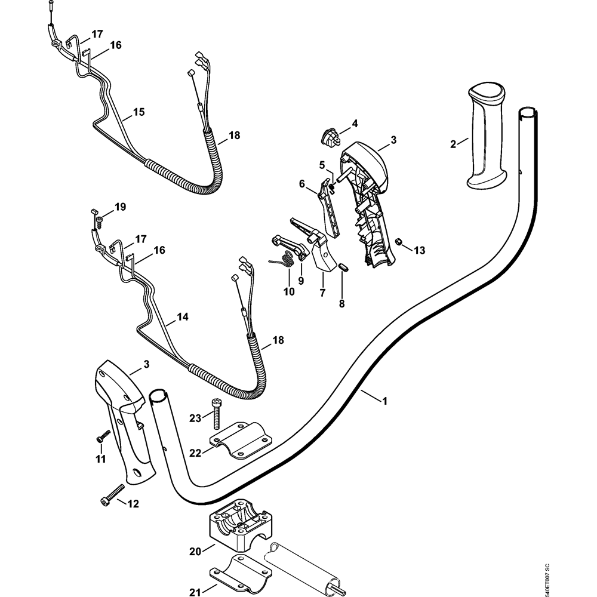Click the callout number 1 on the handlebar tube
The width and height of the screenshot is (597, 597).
click(x=384, y=402)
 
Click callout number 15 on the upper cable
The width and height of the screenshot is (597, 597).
click(x=139, y=112)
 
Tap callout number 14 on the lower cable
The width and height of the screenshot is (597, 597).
click(x=183, y=318)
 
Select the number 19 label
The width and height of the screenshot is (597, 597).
click(x=121, y=207)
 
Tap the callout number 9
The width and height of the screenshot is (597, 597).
click(x=301, y=279)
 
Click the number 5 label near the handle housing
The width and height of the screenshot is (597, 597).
click(x=321, y=164)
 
